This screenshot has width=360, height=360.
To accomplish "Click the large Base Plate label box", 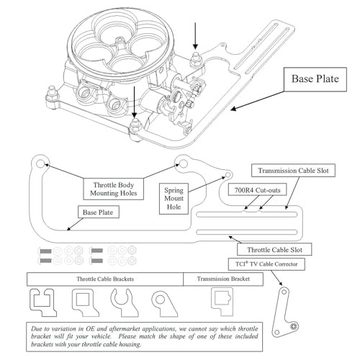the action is [315, 79].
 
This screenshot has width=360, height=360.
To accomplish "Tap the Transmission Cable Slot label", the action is [293, 171].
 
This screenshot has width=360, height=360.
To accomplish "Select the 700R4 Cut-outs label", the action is [257, 190].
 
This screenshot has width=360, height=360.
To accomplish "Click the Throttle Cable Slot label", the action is [274, 250].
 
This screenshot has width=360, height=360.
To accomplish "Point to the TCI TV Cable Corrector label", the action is [266, 264].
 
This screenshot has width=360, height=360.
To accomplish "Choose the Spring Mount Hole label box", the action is [174, 199].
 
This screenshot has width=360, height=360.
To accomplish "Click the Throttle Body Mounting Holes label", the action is [114, 189].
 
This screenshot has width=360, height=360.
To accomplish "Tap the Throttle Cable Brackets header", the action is [105, 279].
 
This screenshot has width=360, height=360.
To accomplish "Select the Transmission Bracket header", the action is [223, 279].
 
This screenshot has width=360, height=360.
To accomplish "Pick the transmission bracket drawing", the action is [222, 301].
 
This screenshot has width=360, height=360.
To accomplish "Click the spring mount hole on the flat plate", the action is [228, 174].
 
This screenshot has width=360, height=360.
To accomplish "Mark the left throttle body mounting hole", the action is [40, 163].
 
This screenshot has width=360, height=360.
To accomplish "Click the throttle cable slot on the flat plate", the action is [247, 232].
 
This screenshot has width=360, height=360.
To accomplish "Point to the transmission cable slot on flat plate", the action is [247, 215].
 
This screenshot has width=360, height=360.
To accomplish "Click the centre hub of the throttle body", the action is [120, 43].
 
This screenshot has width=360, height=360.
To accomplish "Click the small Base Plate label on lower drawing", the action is [99, 212].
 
